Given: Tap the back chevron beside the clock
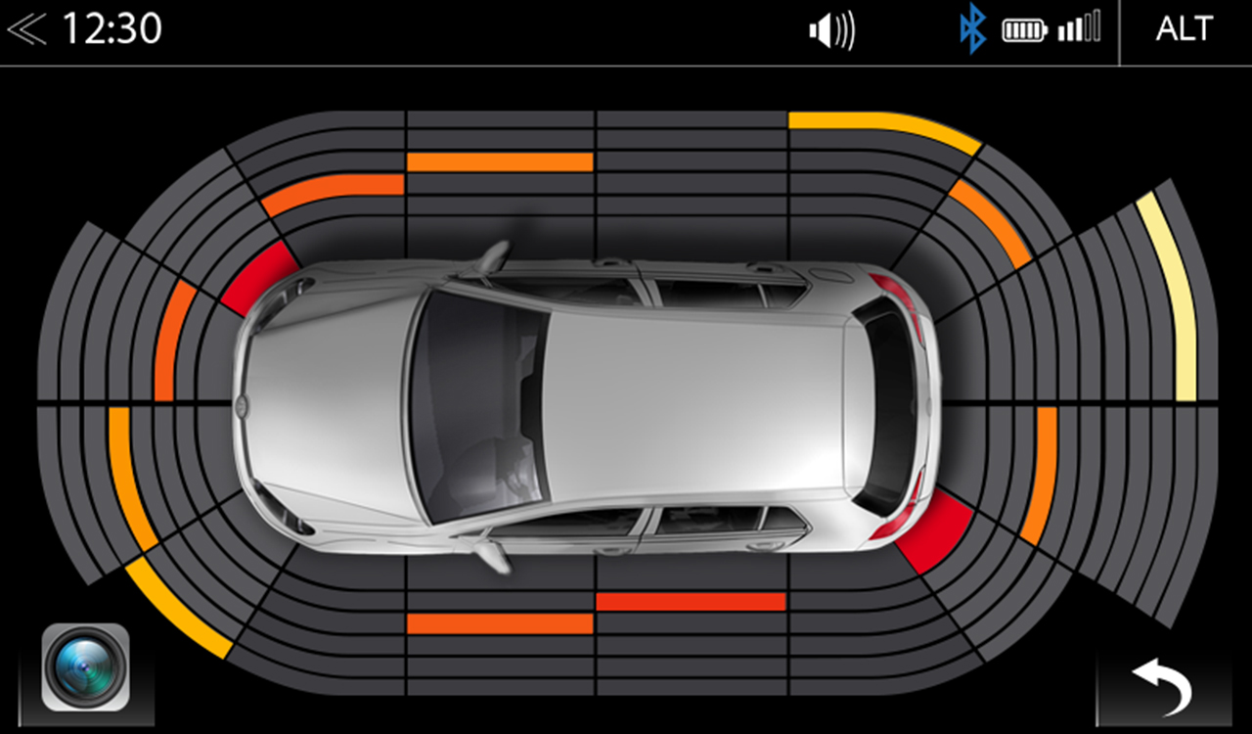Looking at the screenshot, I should coord(26,29).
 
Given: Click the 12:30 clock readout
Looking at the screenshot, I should coord(112,29).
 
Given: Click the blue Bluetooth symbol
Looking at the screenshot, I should coord(971,29).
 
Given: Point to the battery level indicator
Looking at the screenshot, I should coord(1024,30).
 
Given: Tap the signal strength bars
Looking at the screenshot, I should coord(1079,27).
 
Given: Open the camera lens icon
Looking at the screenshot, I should coord(85,667).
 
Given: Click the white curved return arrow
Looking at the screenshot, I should coord(1163,684).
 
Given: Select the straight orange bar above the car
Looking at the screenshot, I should coord(500,161).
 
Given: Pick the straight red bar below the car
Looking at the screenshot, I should coord(691,601).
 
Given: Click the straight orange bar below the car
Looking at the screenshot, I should coord(500,623).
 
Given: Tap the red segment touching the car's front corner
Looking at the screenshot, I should coord(260,277).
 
